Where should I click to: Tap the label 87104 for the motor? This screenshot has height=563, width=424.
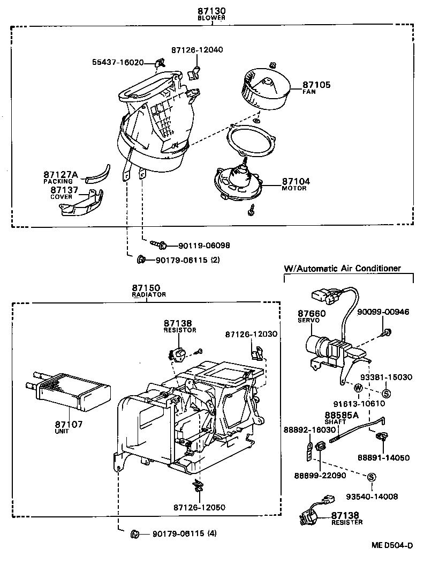296,182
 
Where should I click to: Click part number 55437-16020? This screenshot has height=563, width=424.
117,62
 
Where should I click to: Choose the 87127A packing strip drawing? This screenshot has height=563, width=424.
98,174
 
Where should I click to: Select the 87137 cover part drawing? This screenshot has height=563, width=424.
82,205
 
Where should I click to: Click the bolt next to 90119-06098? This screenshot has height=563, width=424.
159,245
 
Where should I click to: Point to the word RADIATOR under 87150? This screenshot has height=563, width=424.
149,295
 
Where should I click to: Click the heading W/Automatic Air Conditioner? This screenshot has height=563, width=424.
343,268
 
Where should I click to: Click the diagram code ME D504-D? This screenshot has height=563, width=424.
392,545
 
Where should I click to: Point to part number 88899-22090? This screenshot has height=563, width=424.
320,475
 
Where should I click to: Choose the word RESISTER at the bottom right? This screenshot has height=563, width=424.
347,522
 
